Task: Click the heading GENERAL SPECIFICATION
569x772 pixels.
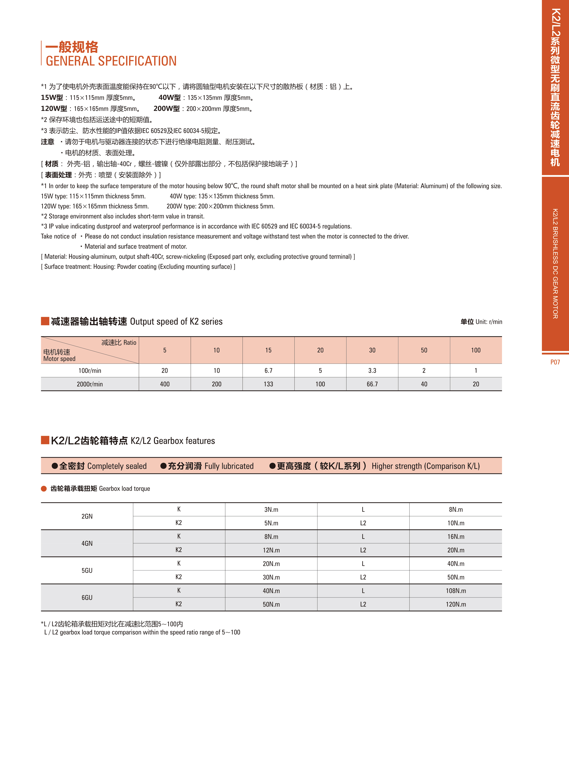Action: point(111,61)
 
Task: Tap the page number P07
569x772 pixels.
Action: point(555,362)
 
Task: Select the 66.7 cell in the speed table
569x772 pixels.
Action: point(372,384)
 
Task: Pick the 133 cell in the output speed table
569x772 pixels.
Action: point(268,384)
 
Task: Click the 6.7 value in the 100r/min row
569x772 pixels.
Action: point(268,370)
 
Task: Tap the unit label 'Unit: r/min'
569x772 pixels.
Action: point(488,322)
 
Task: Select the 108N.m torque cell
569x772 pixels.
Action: point(456,591)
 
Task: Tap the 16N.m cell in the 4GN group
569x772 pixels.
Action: point(456,536)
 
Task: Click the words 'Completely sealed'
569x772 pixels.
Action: point(117,466)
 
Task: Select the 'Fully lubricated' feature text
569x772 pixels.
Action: point(229,466)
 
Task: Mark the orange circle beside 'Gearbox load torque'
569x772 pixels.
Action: point(44,489)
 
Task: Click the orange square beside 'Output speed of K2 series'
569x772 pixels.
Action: point(45,321)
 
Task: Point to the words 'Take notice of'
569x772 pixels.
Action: point(58,236)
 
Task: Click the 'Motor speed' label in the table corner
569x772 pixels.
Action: point(59,359)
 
